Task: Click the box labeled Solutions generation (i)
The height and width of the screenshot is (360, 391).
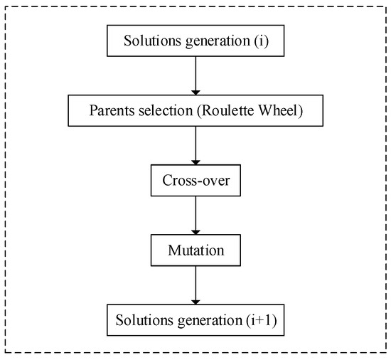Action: [x=195, y=41]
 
